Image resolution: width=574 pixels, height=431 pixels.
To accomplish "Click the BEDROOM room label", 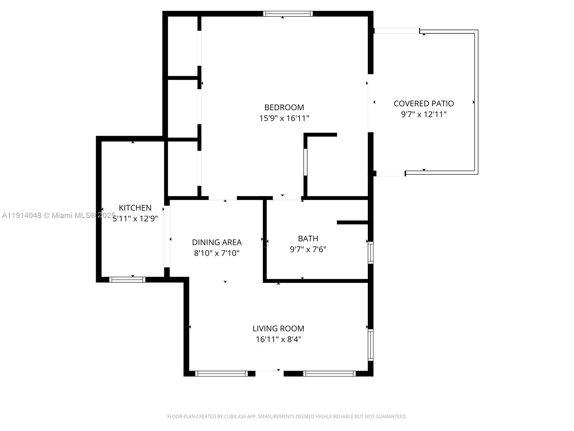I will pyautogui.click(x=284, y=107).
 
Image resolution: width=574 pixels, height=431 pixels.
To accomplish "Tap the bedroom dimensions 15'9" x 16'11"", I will pyautogui.click(x=284, y=118).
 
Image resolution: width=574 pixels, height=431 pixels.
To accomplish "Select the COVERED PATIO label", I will pyautogui.click(x=424, y=103).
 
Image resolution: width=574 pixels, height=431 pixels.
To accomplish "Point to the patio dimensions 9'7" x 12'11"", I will pyautogui.click(x=424, y=115).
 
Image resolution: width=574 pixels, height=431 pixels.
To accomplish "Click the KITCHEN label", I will pyautogui.click(x=135, y=208).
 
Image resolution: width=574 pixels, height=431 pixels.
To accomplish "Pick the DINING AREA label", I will pyautogui.click(x=217, y=242).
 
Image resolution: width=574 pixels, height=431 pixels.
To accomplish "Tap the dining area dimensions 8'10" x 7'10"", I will pyautogui.click(x=217, y=253).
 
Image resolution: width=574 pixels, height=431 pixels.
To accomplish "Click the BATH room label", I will pyautogui.click(x=308, y=238).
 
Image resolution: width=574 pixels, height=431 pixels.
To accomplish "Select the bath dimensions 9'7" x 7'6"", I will pyautogui.click(x=308, y=249).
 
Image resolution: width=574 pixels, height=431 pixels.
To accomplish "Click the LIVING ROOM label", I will pyautogui.click(x=278, y=328).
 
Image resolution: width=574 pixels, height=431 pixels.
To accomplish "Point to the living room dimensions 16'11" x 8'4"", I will pyautogui.click(x=278, y=339).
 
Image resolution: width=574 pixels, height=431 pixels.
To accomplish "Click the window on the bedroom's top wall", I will pyautogui.click(x=288, y=14).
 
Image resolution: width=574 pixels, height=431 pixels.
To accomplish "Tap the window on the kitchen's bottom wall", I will pyautogui.click(x=127, y=279).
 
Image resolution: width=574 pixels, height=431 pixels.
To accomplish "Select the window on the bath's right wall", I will pyautogui.click(x=371, y=253).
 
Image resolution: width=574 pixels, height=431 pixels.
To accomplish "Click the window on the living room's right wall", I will pyautogui.click(x=371, y=345).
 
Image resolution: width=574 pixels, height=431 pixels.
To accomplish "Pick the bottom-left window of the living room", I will pyautogui.click(x=221, y=374).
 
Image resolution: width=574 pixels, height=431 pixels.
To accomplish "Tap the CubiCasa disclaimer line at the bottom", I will pyautogui.click(x=287, y=417).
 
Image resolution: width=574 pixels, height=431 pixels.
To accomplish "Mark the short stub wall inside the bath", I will pyautogui.click(x=353, y=223).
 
